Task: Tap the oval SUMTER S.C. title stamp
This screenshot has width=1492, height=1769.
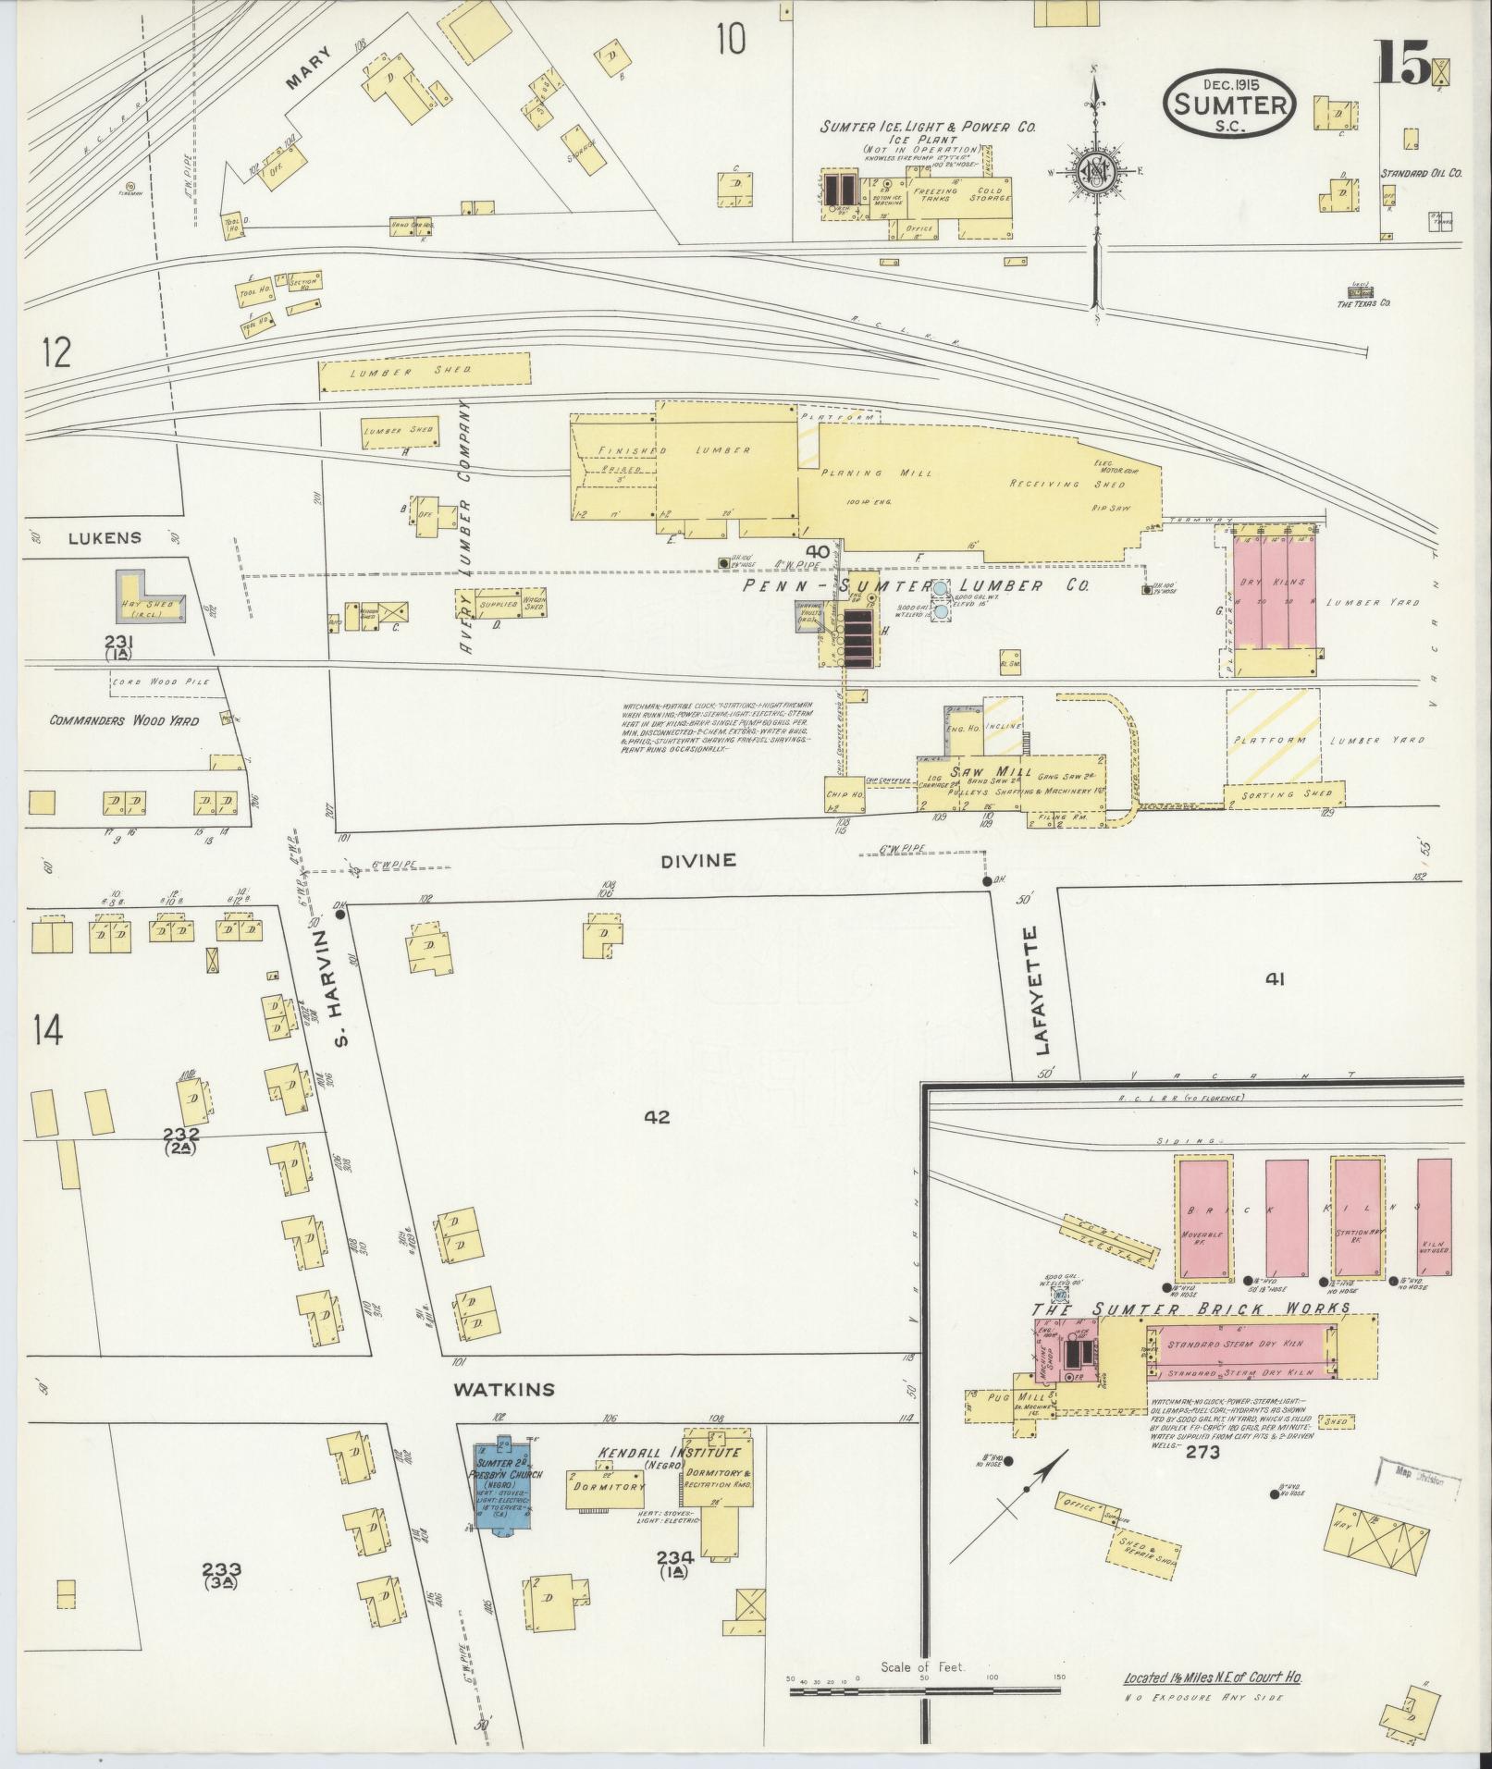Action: (1229, 104)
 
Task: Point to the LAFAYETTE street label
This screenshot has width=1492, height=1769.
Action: (1043, 990)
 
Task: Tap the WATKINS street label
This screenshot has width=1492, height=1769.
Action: (504, 1389)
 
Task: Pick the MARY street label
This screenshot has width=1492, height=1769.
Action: (307, 68)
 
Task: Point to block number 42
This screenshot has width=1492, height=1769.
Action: (656, 1117)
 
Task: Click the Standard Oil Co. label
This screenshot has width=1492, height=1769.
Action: (1420, 173)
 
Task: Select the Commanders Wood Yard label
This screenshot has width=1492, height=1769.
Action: (124, 720)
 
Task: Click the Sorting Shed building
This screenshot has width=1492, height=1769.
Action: (1284, 793)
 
